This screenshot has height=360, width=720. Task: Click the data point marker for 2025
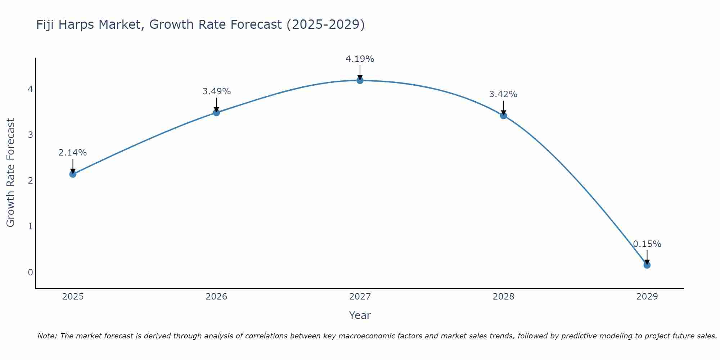click(73, 174)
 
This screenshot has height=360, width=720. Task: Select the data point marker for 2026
click(216, 113)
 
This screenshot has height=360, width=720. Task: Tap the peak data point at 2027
click(360, 80)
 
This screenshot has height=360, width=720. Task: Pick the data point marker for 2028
click(503, 116)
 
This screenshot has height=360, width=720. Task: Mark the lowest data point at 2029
click(647, 265)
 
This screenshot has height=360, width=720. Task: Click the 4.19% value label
click(360, 59)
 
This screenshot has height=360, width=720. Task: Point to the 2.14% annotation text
click(73, 153)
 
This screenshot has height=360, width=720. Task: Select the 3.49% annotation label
click(216, 91)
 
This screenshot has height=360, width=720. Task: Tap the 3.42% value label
click(503, 94)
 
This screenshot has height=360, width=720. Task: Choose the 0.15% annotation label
click(647, 244)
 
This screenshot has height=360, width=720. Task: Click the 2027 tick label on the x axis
click(360, 297)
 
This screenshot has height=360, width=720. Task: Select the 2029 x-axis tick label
click(647, 297)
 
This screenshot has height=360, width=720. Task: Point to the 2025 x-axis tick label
click(73, 297)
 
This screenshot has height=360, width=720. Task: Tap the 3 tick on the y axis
click(30, 135)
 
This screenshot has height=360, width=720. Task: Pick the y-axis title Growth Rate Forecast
click(11, 173)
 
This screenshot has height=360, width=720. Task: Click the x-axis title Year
click(360, 316)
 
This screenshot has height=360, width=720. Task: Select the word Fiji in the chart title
click(45, 25)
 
